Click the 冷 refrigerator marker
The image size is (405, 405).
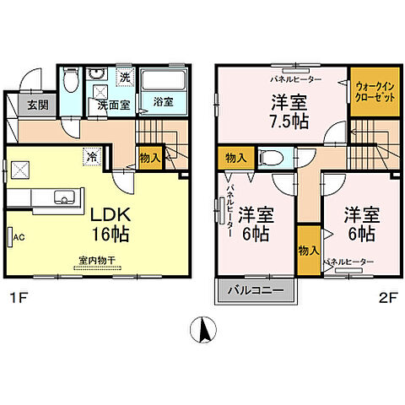click(x=90, y=156)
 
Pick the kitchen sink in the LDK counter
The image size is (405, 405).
click(x=64, y=197)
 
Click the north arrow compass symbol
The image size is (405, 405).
click(x=202, y=328)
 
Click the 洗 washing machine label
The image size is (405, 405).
click(x=124, y=78)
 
